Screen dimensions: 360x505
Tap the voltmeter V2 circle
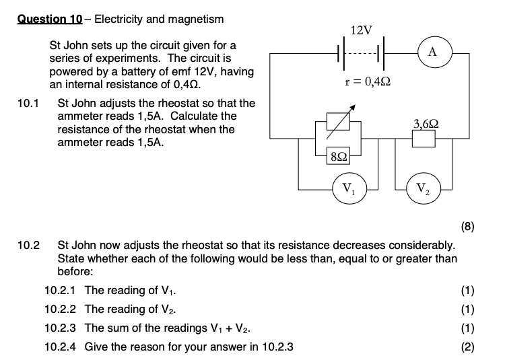coord(423,188)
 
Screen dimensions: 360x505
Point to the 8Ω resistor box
coord(339,156)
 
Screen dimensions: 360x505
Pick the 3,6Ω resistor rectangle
coord(424,139)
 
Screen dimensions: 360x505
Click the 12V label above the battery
coord(361,30)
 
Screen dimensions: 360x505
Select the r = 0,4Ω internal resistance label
coord(368,82)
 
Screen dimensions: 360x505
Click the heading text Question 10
coord(49,19)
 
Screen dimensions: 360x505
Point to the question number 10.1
coord(28,104)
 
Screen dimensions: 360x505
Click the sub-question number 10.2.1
coord(60,291)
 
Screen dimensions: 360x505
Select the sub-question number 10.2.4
coord(60,347)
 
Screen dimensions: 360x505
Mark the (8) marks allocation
coord(468,226)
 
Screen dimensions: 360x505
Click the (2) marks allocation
coord(468,347)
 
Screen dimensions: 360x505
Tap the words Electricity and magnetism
coord(160,19)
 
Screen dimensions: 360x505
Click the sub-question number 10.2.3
coord(60,328)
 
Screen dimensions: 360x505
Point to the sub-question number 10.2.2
coord(60,310)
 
